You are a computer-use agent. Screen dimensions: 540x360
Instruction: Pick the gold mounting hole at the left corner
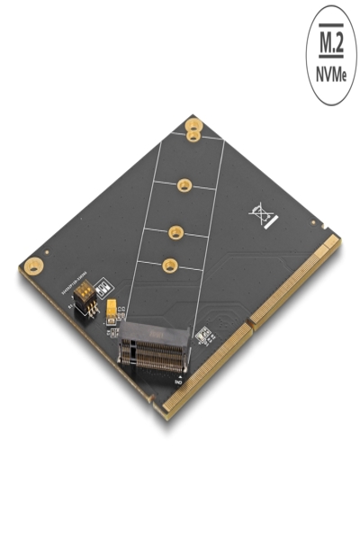(34, 265)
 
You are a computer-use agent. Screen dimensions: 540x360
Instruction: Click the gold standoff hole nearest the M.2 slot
(169, 265)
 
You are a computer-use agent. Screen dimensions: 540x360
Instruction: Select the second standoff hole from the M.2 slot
(176, 230)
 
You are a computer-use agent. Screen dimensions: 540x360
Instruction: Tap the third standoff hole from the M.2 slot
(184, 185)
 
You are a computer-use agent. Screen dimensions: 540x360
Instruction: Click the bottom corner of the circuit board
(165, 416)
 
